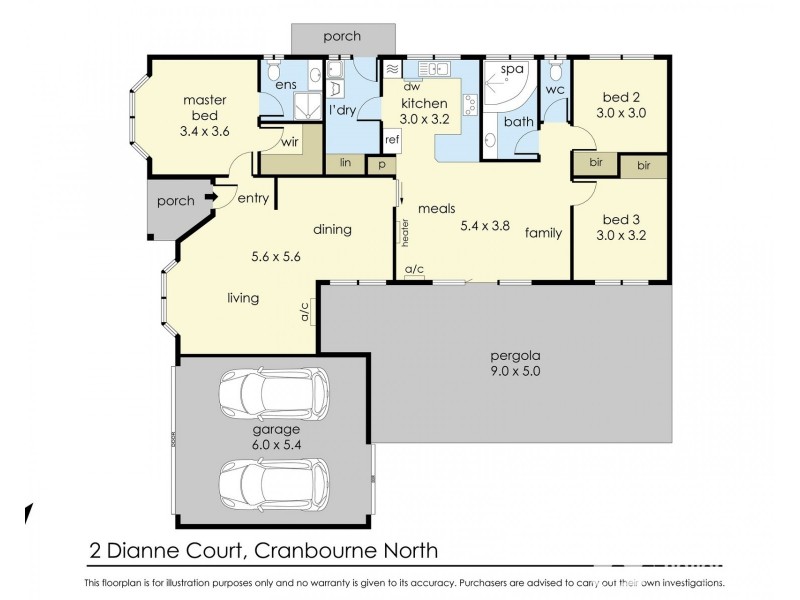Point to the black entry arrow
click(x=209, y=198)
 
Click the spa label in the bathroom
click(x=513, y=69)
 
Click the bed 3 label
click(x=620, y=219)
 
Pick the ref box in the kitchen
click(x=392, y=140)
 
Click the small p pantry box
click(x=381, y=164)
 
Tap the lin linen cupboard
click(x=345, y=162)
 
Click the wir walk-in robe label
click(x=290, y=143)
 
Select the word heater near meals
click(x=406, y=234)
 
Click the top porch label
click(x=341, y=37)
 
